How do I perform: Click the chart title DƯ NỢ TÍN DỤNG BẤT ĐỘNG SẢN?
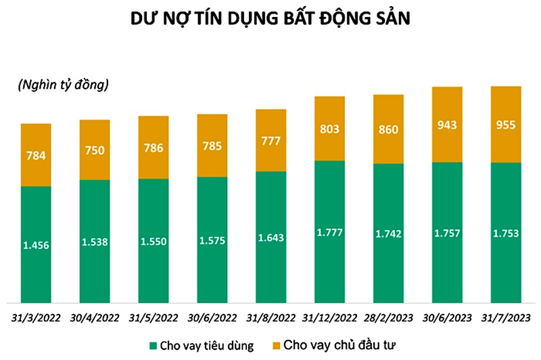[x=270, y=20]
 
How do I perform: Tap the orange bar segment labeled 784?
[x=37, y=155]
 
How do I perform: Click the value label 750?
[x=95, y=150]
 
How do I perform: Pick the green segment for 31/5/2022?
[x=154, y=240]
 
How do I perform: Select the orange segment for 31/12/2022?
[x=329, y=129]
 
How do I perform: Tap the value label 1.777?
[x=329, y=233]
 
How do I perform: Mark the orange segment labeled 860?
[x=388, y=129]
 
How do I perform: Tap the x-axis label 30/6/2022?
[x=212, y=317]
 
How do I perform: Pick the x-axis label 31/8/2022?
[x=270, y=317]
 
